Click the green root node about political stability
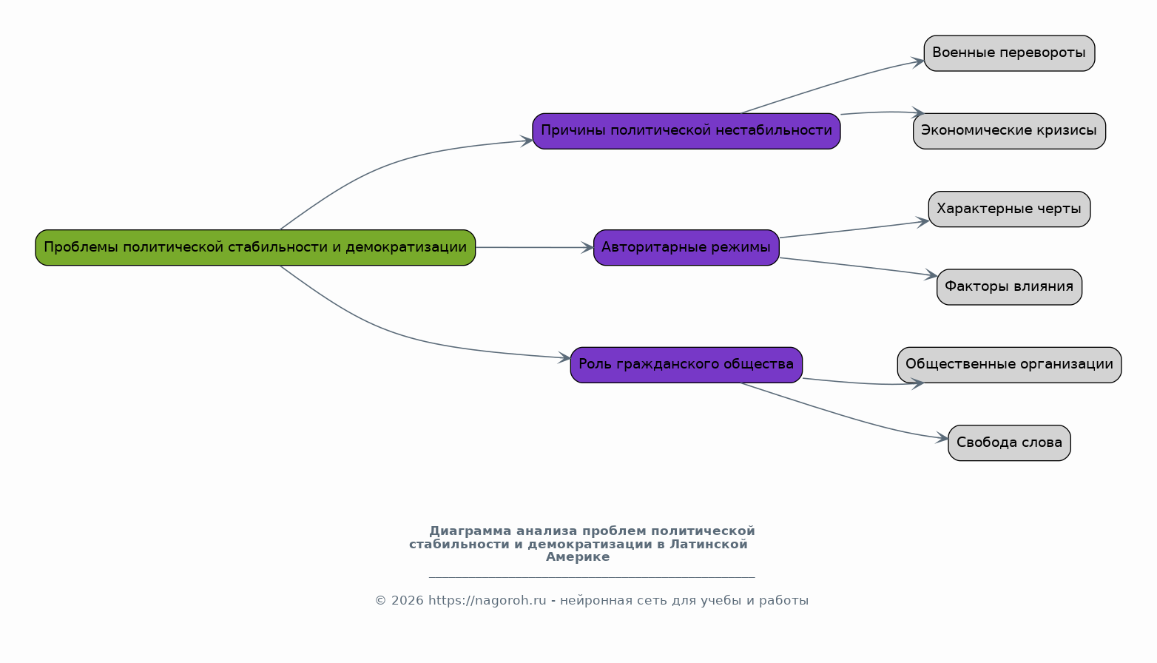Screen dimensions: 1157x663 pos(255,248)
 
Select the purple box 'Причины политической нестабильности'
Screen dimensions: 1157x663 pos(687,131)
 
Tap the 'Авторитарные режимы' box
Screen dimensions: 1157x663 pos(687,248)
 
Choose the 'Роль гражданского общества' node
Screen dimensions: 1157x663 pos(687,365)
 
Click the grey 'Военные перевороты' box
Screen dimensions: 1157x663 pos(1009,53)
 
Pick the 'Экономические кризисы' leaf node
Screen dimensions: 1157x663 pos(1009,131)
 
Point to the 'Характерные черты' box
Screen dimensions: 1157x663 pos(1009,209)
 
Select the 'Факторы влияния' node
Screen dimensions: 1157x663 pos(1009,287)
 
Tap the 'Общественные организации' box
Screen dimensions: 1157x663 pos(1009,365)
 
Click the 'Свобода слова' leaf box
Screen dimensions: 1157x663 pos(1009,442)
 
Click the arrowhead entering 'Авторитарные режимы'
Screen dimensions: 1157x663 pos(587,248)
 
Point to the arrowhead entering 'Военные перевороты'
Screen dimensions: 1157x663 pos(918,62)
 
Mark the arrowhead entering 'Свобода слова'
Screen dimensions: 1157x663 pos(942,439)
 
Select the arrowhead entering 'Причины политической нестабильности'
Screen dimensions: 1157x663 pos(526,141)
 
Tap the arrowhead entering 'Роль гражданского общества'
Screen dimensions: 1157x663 pos(564,357)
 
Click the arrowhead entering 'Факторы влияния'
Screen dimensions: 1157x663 pos(931,275)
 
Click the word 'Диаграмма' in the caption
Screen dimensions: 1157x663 pos(470,531)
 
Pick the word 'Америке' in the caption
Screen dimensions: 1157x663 pos(578,556)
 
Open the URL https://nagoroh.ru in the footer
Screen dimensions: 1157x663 pos(487,600)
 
